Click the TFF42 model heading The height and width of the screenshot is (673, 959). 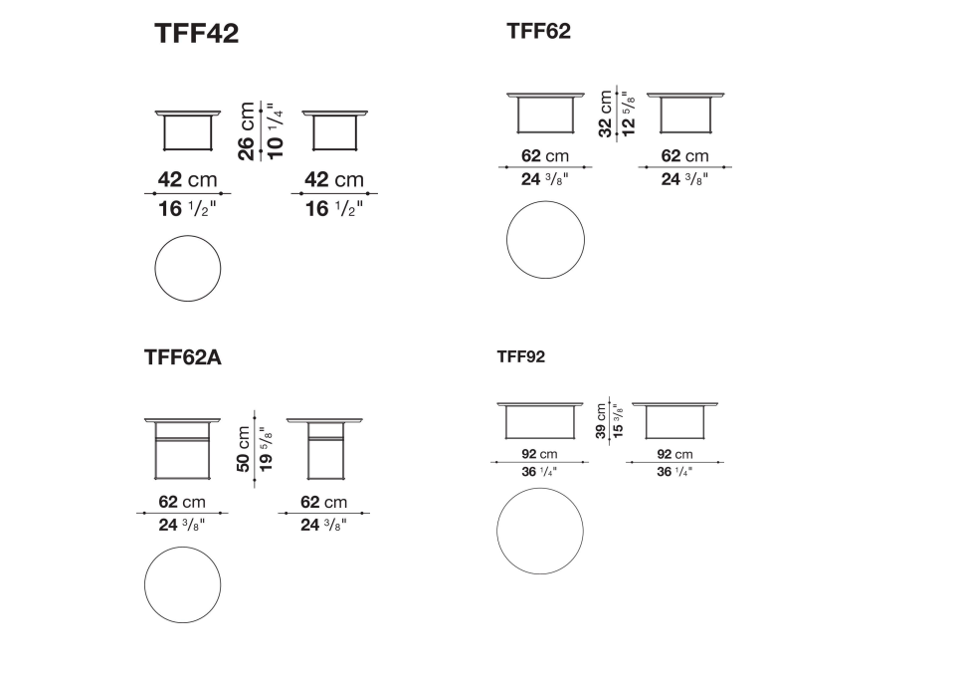tap(196, 33)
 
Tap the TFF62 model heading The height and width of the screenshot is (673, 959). tap(538, 31)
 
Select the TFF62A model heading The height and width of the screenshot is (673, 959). tap(182, 356)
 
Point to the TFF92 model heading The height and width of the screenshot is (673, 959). tap(520, 356)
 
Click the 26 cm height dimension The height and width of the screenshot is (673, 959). tap(246, 131)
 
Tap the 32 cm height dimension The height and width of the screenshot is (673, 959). tap(605, 113)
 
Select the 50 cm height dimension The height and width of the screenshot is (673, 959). tap(243, 449)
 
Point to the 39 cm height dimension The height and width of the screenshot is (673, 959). tap(601, 421)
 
